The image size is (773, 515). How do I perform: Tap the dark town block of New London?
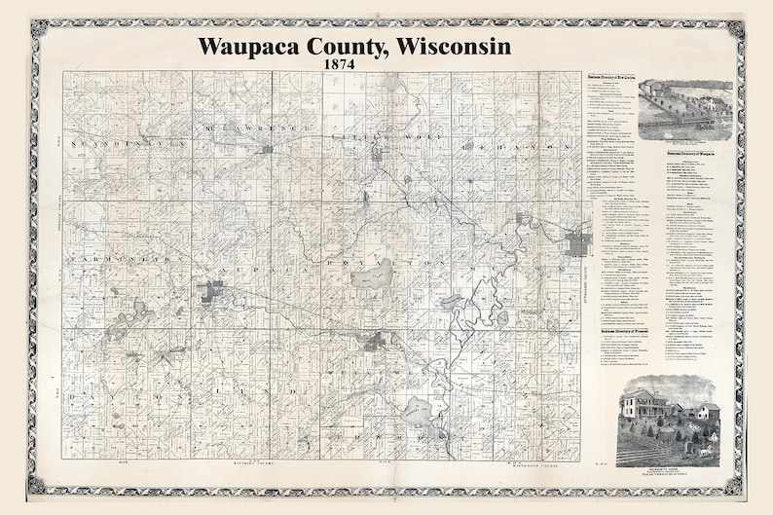pos(577,242)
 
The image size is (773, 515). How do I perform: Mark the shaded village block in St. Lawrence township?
pos(265,149)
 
